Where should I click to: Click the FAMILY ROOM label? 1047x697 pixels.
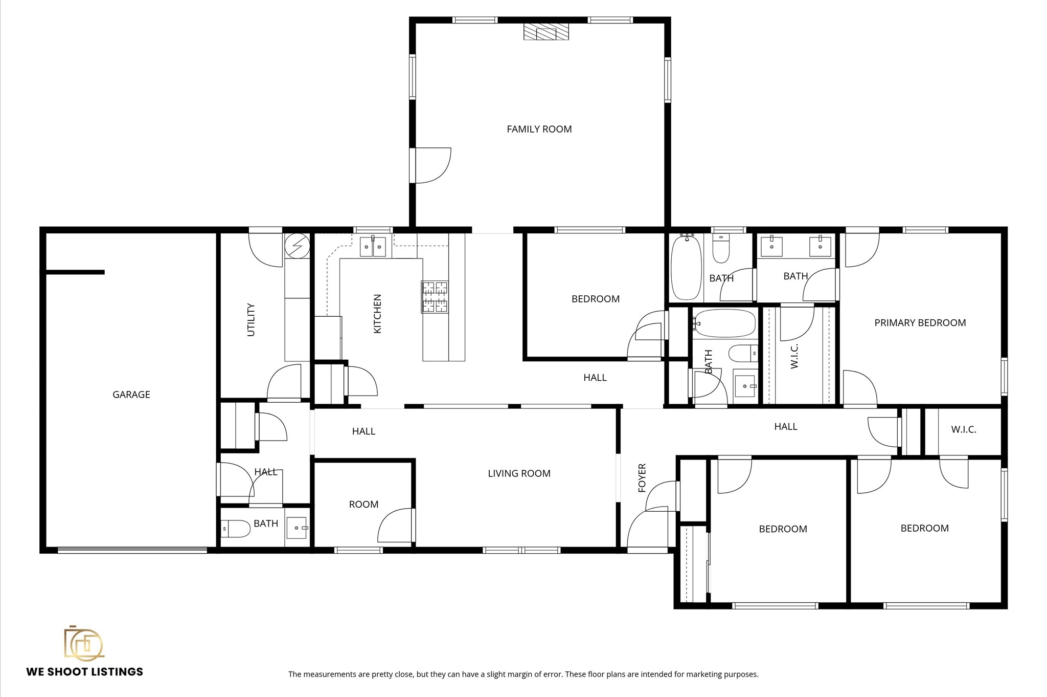[539, 129]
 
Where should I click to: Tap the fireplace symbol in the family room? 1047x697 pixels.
[546, 32]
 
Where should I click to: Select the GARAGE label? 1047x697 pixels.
[131, 395]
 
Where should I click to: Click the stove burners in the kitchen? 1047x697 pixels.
[435, 297]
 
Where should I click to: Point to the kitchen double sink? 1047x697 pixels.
[373, 247]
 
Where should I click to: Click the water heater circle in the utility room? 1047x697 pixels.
[297, 246]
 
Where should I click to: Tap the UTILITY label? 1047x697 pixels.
[251, 320]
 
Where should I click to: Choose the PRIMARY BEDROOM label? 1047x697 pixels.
[920, 323]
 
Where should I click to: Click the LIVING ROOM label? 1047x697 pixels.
[519, 474]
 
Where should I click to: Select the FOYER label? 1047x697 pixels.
[642, 478]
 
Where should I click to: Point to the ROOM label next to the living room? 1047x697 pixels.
[363, 505]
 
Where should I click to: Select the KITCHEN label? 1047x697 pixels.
[378, 314]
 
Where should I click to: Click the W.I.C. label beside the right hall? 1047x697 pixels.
[963, 430]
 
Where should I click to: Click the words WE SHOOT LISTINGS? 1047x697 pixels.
[85, 672]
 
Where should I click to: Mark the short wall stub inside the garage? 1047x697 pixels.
[76, 272]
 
